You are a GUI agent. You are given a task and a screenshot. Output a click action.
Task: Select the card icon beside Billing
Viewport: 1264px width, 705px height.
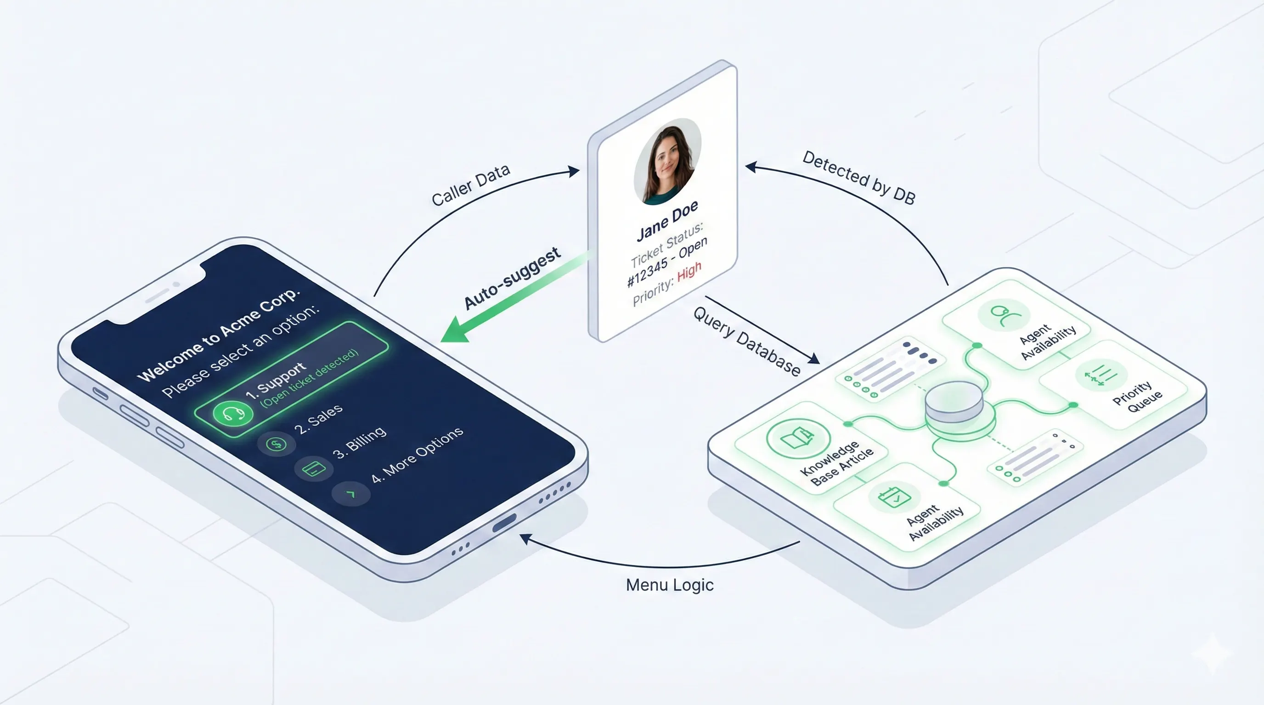tap(314, 469)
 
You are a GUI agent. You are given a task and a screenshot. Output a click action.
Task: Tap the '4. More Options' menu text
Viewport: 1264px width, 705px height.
tap(417, 455)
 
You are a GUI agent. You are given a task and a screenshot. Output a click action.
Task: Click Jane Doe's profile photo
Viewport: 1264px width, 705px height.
tap(667, 162)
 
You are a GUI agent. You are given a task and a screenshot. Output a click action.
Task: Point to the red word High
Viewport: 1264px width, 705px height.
tap(689, 271)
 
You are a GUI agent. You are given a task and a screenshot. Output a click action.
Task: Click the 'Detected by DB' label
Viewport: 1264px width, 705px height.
tap(859, 178)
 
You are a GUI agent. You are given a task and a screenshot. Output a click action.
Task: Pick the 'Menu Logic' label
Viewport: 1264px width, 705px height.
tap(670, 585)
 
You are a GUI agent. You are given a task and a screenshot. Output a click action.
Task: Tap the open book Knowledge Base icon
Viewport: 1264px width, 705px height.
tap(797, 438)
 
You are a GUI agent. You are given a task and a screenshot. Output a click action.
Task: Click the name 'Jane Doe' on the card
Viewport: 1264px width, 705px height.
tap(667, 222)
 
